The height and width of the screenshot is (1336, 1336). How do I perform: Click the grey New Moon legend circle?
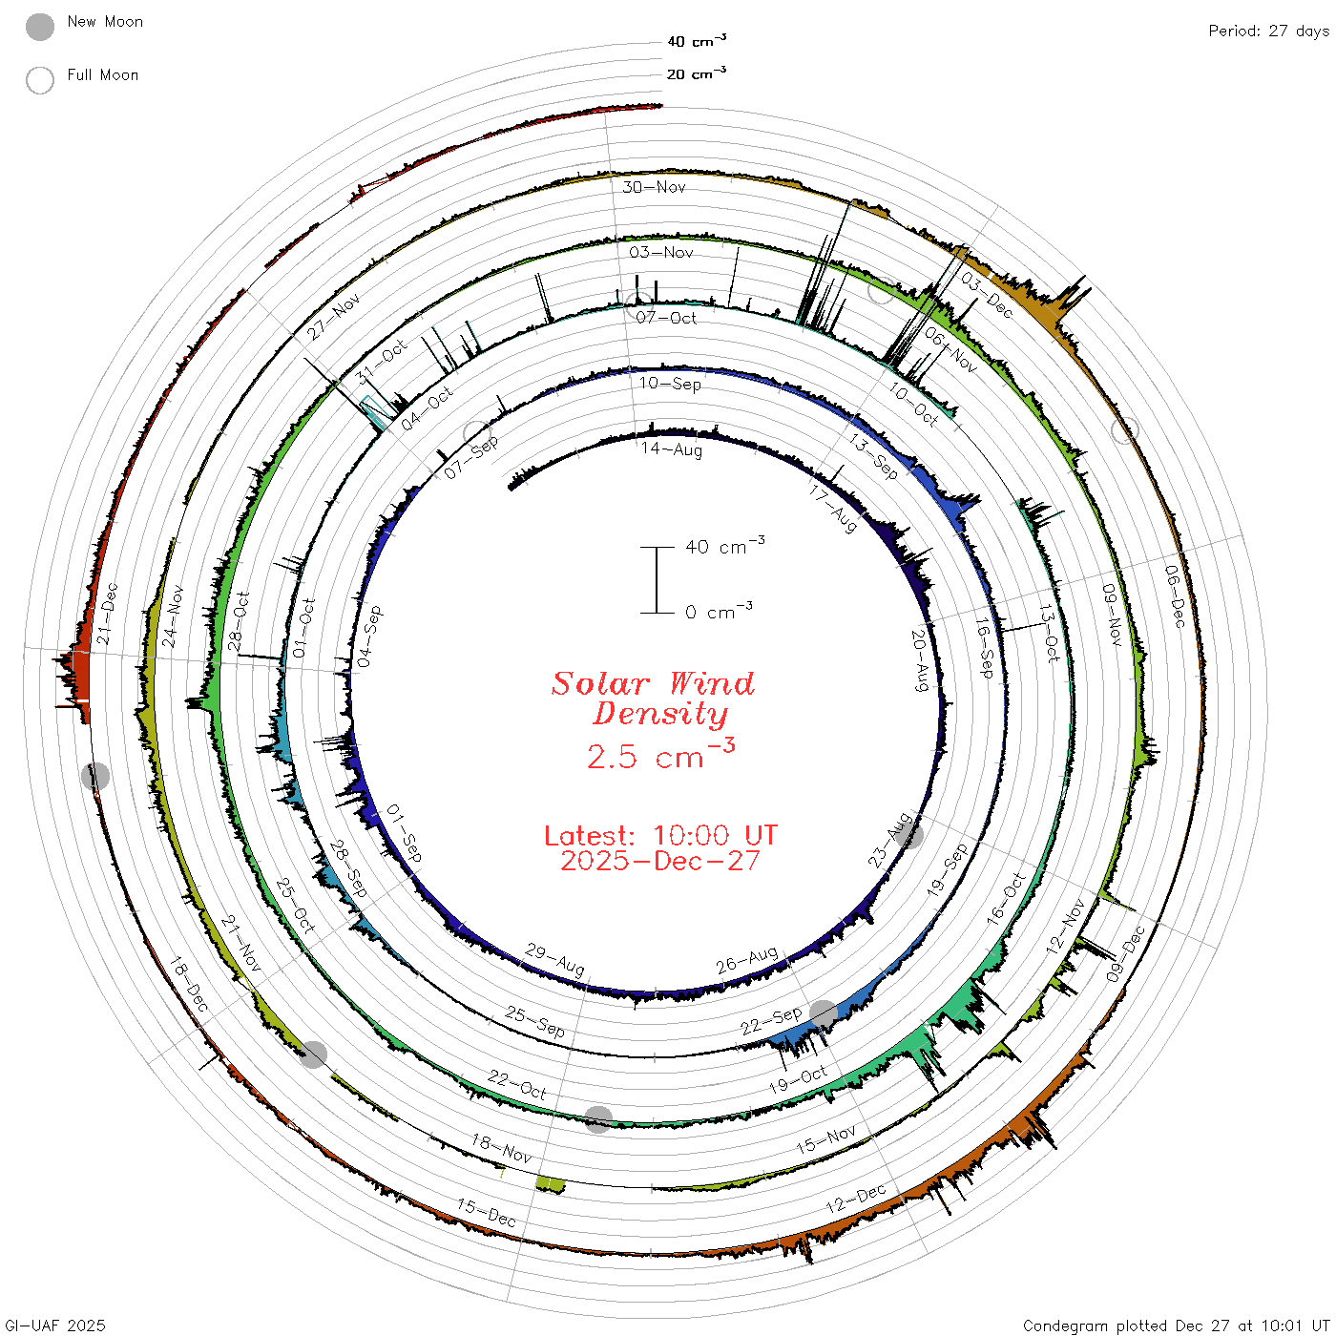(40, 27)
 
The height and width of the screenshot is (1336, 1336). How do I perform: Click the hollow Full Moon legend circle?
(40, 80)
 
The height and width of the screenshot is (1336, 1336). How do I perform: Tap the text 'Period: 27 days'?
(1269, 31)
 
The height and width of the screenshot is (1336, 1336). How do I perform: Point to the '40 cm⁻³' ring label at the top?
(697, 41)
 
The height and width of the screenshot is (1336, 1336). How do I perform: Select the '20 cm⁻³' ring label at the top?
(697, 73)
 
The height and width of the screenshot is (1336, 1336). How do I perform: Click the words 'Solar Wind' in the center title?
(653, 683)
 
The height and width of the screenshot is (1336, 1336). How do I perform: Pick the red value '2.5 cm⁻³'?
(660, 755)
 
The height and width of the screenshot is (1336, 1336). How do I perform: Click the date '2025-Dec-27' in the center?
(660, 861)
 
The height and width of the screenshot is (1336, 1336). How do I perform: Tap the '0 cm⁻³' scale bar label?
(719, 611)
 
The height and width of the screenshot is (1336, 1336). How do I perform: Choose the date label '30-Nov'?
(654, 187)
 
